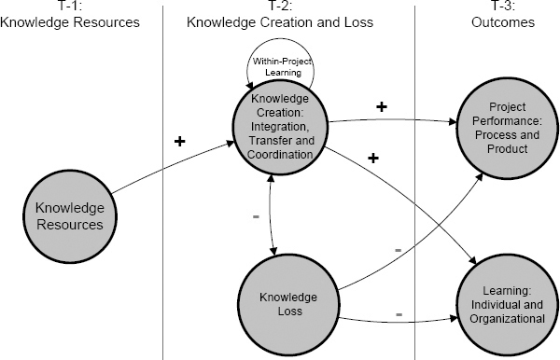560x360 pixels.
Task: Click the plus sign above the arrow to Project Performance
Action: point(381,106)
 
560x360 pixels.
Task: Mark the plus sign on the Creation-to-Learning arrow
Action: point(372,159)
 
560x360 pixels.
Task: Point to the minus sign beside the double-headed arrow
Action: point(256,216)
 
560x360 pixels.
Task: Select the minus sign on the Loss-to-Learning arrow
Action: point(399,314)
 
